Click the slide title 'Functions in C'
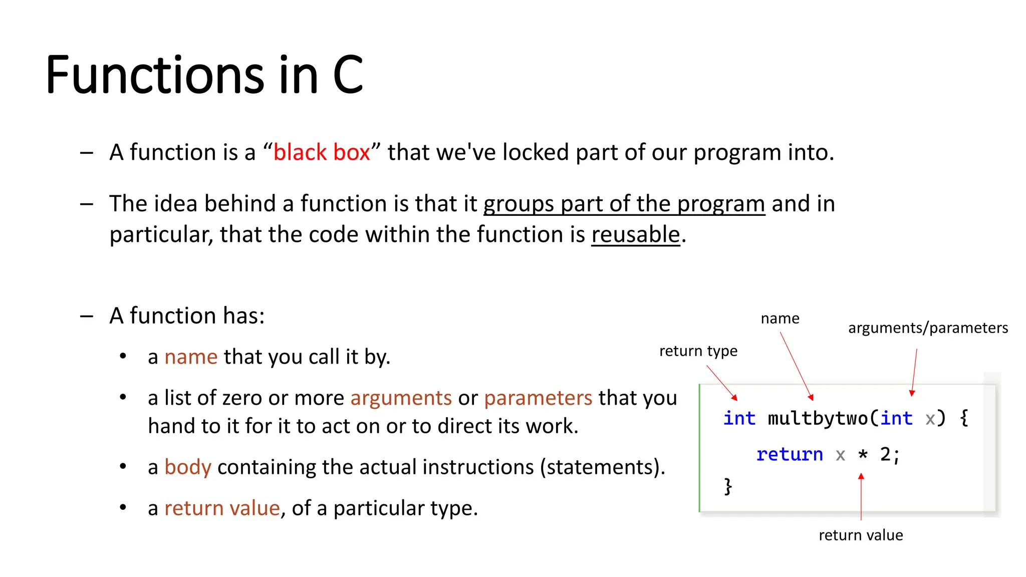(204, 75)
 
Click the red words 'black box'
(322, 152)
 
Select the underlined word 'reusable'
(635, 234)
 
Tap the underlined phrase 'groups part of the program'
(624, 204)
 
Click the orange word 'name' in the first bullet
(191, 357)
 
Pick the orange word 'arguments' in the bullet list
(401, 398)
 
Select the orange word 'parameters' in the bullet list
(538, 398)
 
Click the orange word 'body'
(188, 467)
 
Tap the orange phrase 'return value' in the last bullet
(222, 508)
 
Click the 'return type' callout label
(698, 351)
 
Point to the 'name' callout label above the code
(780, 319)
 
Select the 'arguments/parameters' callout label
(928, 328)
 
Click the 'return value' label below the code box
(861, 535)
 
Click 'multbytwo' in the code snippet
(818, 418)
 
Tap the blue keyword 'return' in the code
(790, 455)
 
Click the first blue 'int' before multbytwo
(739, 418)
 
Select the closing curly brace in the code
(728, 486)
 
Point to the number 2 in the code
(885, 455)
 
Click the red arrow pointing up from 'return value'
(861, 496)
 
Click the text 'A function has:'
(187, 316)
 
